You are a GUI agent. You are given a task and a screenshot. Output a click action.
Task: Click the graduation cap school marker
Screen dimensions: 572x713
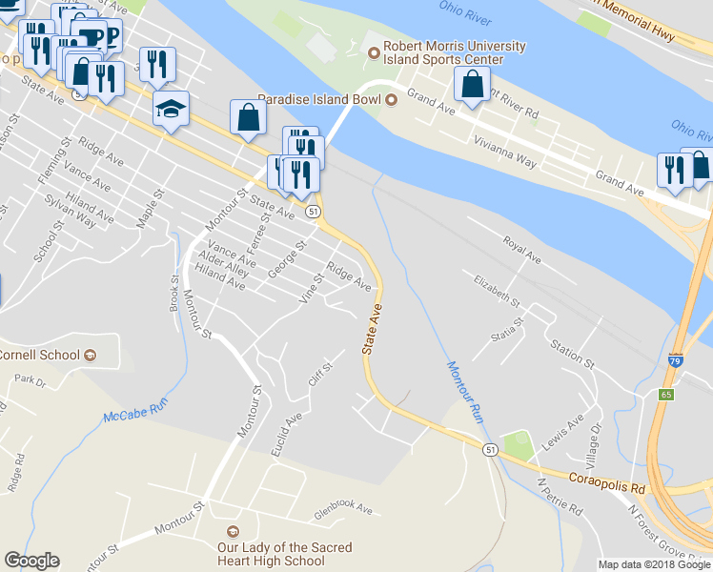(x=171, y=109)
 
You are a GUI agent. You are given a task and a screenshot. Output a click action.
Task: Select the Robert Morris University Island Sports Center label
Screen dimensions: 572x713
(x=454, y=53)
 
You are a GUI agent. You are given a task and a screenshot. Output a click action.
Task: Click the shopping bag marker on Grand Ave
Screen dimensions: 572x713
(x=472, y=85)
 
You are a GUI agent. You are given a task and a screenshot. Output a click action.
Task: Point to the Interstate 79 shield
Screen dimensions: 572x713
(x=675, y=361)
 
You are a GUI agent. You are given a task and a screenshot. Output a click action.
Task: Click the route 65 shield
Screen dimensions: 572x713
(x=666, y=393)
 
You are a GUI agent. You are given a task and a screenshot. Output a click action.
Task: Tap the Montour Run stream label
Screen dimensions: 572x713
(x=462, y=391)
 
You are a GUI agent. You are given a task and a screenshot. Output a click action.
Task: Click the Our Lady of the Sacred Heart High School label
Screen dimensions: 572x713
(x=284, y=554)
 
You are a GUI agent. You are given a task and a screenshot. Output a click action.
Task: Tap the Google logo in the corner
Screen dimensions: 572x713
(x=32, y=561)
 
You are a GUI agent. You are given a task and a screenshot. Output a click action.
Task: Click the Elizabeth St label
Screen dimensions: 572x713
(x=497, y=290)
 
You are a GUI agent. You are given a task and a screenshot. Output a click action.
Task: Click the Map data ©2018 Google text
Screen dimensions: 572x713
(x=655, y=564)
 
